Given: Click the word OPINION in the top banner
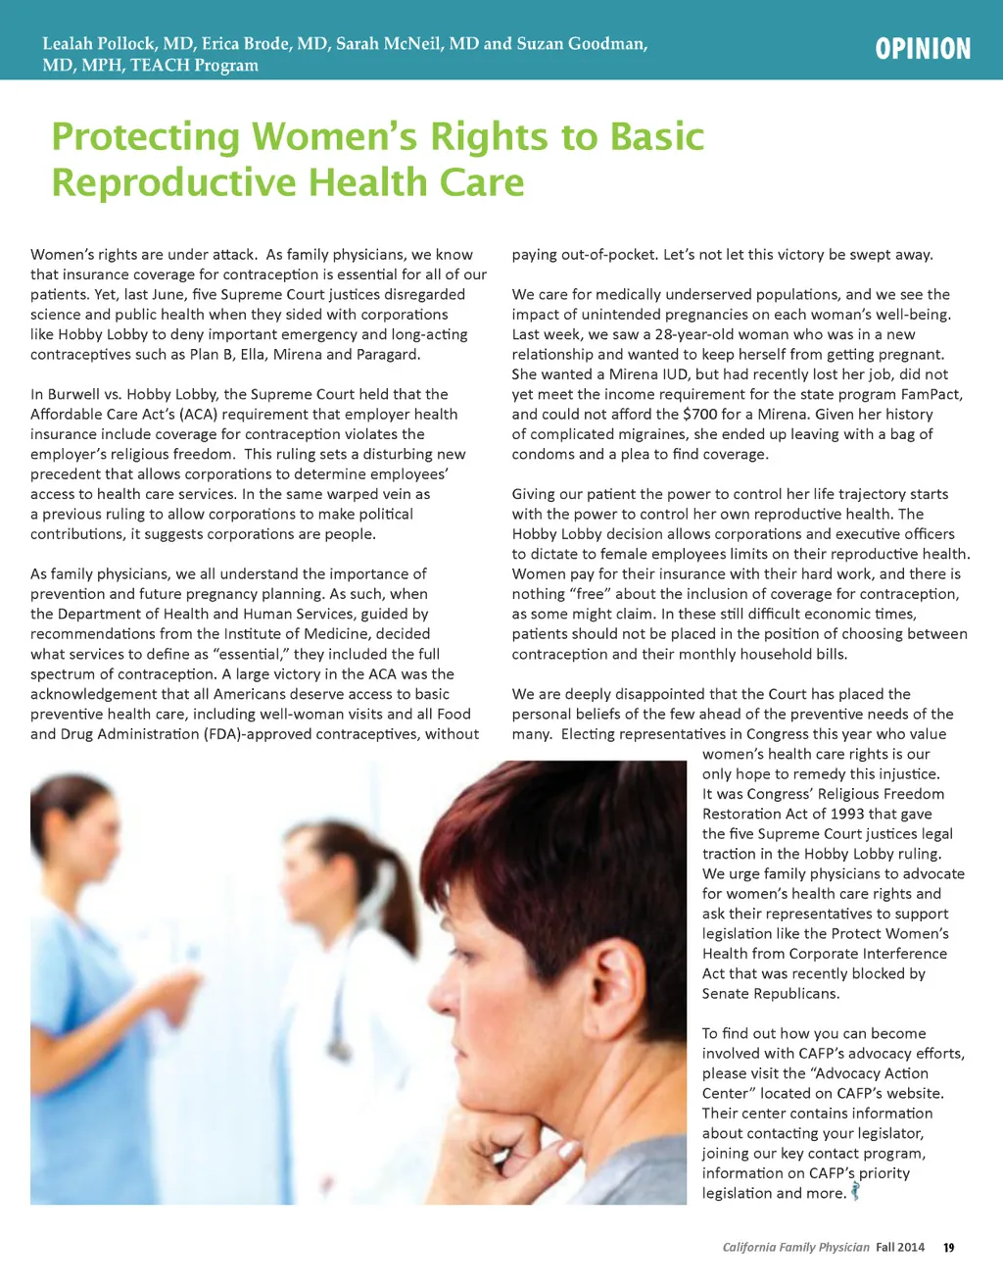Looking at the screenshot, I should pos(923,49).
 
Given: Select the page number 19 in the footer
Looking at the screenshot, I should pos(948,1248).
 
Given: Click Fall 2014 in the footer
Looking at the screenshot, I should pos(900,1248).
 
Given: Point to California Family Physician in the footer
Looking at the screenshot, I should pos(795,1248).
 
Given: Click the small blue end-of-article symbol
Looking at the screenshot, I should pos(856,1191).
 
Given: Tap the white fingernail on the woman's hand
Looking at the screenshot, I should pos(567,1150).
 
